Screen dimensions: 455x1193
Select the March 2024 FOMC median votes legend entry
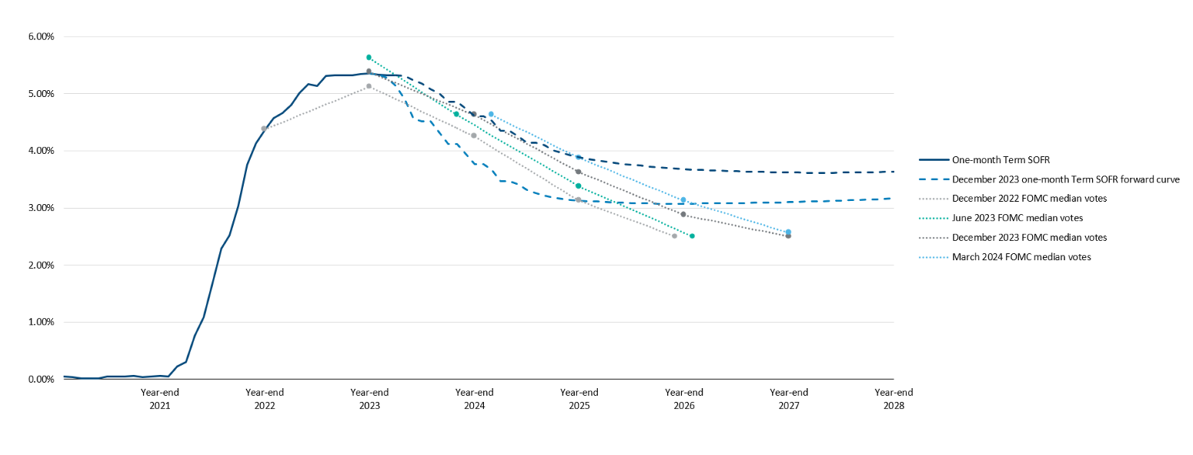(1021, 257)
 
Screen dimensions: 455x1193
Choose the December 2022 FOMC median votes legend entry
(1029, 199)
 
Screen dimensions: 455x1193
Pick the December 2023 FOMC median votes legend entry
(1029, 238)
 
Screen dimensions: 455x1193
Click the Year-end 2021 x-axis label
(159, 398)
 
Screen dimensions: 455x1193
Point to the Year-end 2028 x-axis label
(893, 398)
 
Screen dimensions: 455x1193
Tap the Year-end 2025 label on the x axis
(579, 398)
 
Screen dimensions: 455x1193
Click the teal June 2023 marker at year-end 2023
(369, 57)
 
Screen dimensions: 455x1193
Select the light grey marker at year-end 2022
(264, 129)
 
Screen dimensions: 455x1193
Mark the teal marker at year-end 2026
(692, 236)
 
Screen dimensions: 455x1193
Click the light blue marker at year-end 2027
(788, 232)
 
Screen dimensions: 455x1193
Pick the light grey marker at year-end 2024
(474, 136)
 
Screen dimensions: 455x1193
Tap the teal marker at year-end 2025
(579, 186)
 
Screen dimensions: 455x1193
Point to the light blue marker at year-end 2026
(683, 200)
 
